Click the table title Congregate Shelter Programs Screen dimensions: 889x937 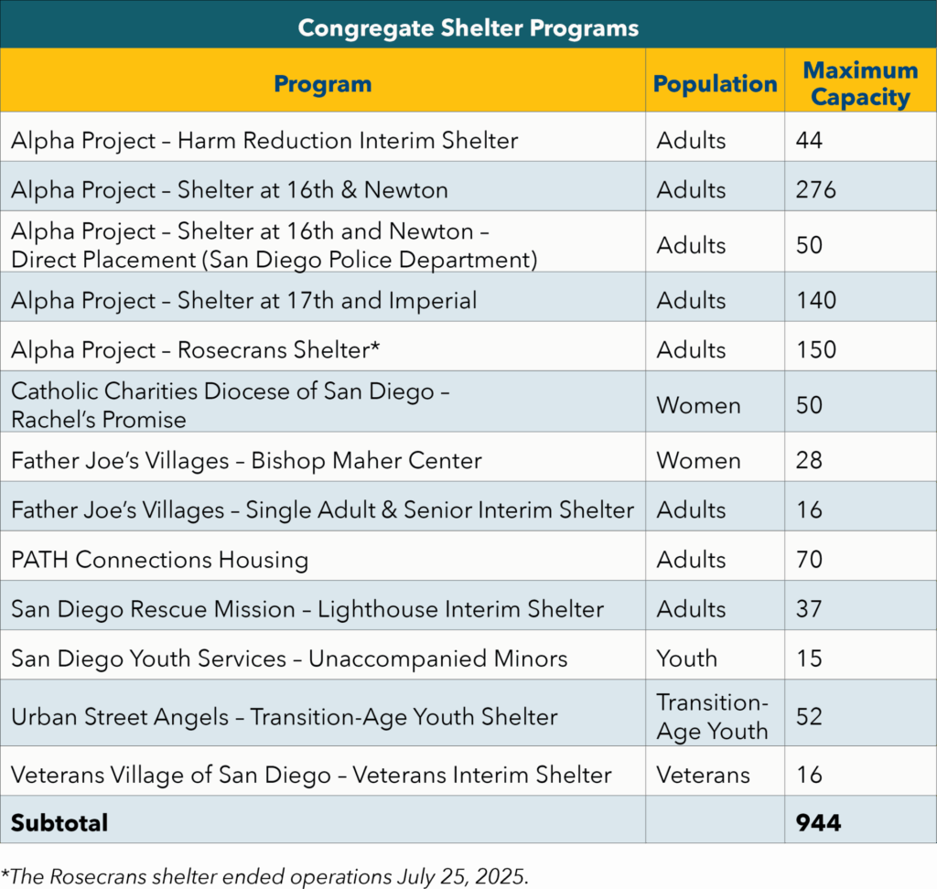pos(468,27)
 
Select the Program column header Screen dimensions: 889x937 pos(322,84)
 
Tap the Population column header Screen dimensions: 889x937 pos(715,84)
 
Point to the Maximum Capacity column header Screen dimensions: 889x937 pos(860,84)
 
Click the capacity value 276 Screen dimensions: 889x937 pos(816,190)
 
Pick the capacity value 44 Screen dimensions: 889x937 pos(809,141)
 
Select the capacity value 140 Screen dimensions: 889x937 pos(816,301)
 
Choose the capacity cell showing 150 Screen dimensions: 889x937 pos(816,350)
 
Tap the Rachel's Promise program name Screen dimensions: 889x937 pos(99,420)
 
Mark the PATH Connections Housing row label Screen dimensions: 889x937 pos(159,560)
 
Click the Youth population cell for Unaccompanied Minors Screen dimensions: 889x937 pos(686,659)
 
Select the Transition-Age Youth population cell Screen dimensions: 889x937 pos(712,717)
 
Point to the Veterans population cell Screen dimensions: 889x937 pos(703,776)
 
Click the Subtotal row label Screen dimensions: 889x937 pos(59,823)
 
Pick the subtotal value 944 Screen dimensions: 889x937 pos(818,823)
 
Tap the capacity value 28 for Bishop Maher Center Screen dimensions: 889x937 pos(809,460)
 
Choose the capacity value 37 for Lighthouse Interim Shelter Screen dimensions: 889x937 pos(809,609)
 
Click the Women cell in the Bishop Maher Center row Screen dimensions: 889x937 pos(698,460)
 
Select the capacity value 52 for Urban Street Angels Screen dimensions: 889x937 pos(809,717)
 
